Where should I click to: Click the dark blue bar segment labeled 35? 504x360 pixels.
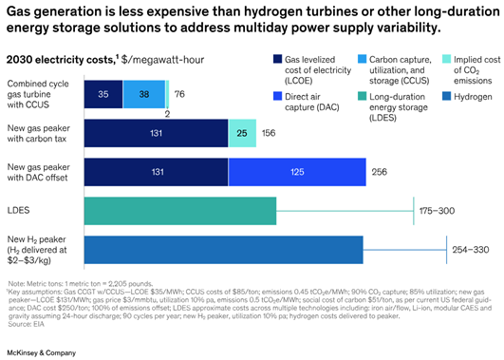click(103, 95)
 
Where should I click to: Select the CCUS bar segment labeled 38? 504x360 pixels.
click(144, 95)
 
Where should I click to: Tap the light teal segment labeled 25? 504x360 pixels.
click(242, 134)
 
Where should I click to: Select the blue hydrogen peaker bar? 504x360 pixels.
click(224, 250)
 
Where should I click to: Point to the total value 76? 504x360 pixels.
click(179, 95)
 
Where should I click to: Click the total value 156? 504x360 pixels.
click(271, 134)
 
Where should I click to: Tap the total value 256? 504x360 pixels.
click(381, 173)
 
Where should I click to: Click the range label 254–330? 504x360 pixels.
click(471, 250)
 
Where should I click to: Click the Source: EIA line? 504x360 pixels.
click(28, 325)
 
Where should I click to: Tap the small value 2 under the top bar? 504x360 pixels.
click(166, 112)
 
